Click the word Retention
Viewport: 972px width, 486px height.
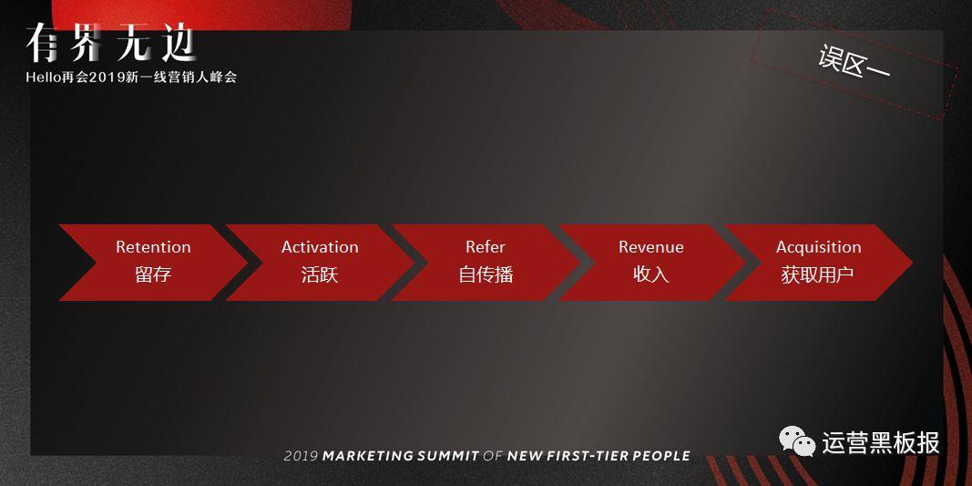[x=153, y=247]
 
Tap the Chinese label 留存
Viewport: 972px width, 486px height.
[x=153, y=274]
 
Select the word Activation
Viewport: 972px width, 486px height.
[x=320, y=247]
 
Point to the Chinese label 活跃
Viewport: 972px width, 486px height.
[x=320, y=274]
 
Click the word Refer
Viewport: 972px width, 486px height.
[x=486, y=247]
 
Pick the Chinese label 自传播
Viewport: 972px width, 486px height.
[x=486, y=274]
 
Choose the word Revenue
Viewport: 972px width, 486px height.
[x=651, y=247]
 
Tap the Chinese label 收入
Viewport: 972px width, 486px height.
[x=651, y=274]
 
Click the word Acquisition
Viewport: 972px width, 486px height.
[x=819, y=248]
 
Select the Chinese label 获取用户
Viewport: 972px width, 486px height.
[x=818, y=274]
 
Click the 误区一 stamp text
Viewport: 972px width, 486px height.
[x=854, y=62]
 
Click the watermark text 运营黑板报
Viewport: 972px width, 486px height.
[x=881, y=442]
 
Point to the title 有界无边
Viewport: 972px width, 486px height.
[x=111, y=44]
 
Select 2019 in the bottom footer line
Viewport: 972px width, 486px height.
[x=301, y=456]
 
